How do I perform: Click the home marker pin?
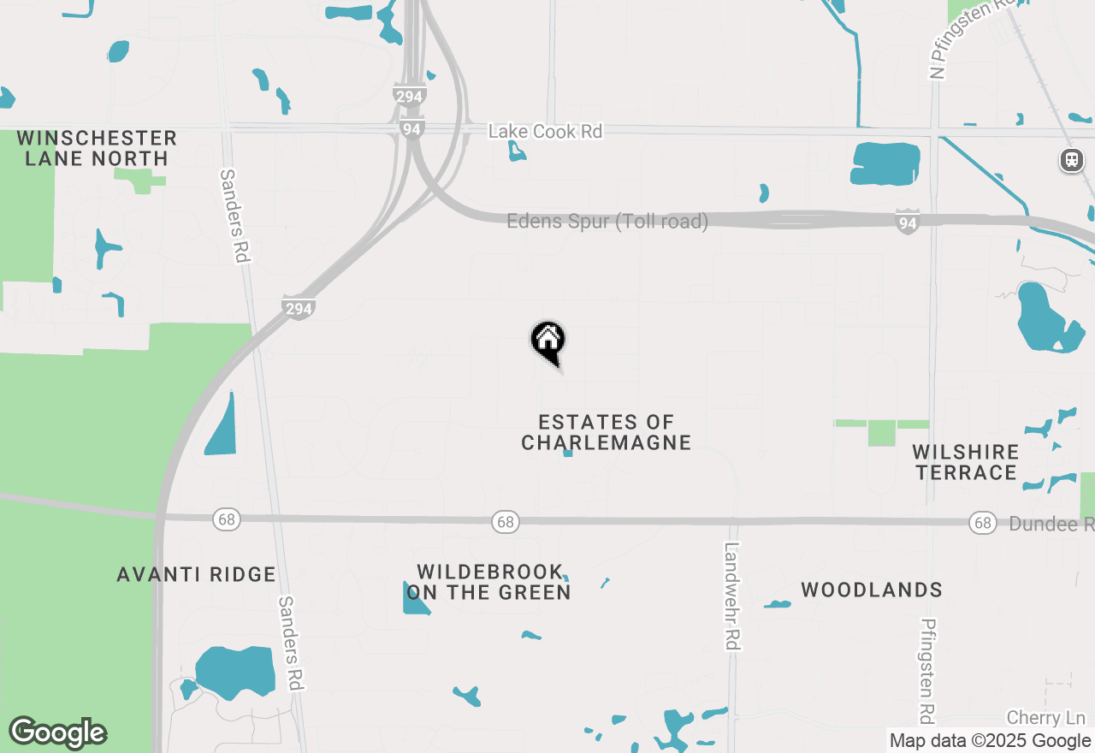click(x=547, y=341)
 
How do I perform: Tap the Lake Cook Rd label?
click(x=545, y=132)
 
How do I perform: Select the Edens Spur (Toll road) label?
click(x=607, y=222)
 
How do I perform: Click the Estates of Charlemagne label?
click(x=606, y=432)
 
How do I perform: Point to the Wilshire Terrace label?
click(x=966, y=462)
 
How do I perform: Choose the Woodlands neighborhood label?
click(x=872, y=590)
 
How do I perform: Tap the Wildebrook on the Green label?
click(x=488, y=582)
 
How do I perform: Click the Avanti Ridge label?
click(x=197, y=574)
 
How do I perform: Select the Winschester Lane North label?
click(x=97, y=148)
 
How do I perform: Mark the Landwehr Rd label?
click(x=731, y=596)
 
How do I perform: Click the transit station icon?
click(x=1071, y=160)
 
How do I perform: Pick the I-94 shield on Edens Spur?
click(x=908, y=222)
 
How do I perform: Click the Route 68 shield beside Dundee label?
click(x=981, y=522)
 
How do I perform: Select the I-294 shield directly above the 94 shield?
click(x=409, y=96)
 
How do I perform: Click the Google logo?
click(x=58, y=732)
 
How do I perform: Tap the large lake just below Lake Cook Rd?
click(x=885, y=163)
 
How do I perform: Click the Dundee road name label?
click(x=1051, y=524)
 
